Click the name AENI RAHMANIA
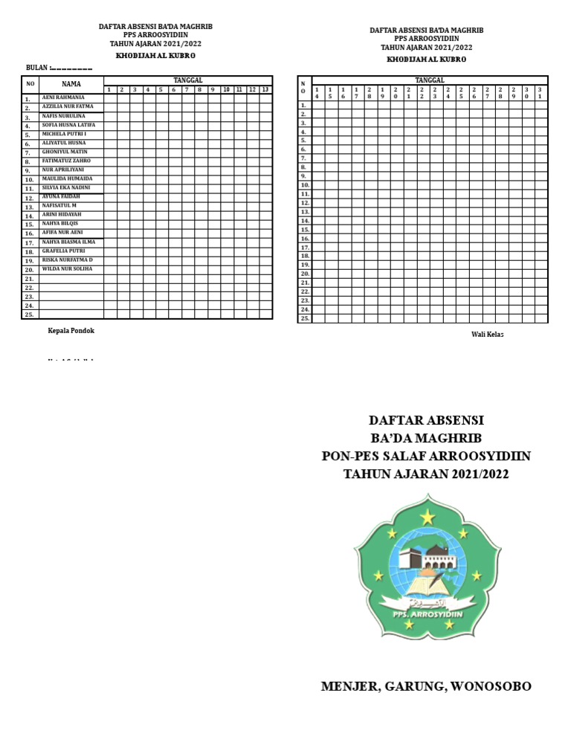tap(62, 97)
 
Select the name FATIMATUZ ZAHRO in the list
tap(66, 161)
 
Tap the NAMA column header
tap(71, 84)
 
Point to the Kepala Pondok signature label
tap(71, 331)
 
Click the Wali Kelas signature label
tap(488, 335)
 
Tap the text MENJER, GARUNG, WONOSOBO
tap(426, 686)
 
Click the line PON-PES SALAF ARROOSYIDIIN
tap(426, 456)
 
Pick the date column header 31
tap(540, 92)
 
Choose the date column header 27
tap(488, 92)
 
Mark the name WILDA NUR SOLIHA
tap(67, 268)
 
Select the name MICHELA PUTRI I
tap(64, 134)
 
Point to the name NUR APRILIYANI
tap(63, 170)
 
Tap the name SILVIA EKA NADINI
tap(67, 187)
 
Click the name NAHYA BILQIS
tap(60, 223)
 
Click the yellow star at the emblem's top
tap(428, 515)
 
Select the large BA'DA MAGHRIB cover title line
tap(426, 438)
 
